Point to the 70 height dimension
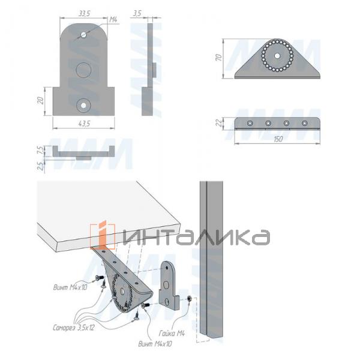(220, 58)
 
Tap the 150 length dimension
(278, 139)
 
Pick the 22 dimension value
(220, 123)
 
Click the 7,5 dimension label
(40, 149)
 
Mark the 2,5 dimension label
(40, 164)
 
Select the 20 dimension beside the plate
(40, 101)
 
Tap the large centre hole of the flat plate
(83, 69)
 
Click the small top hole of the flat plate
(84, 34)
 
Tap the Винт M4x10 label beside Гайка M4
(155, 344)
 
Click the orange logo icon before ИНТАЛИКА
(103, 235)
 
